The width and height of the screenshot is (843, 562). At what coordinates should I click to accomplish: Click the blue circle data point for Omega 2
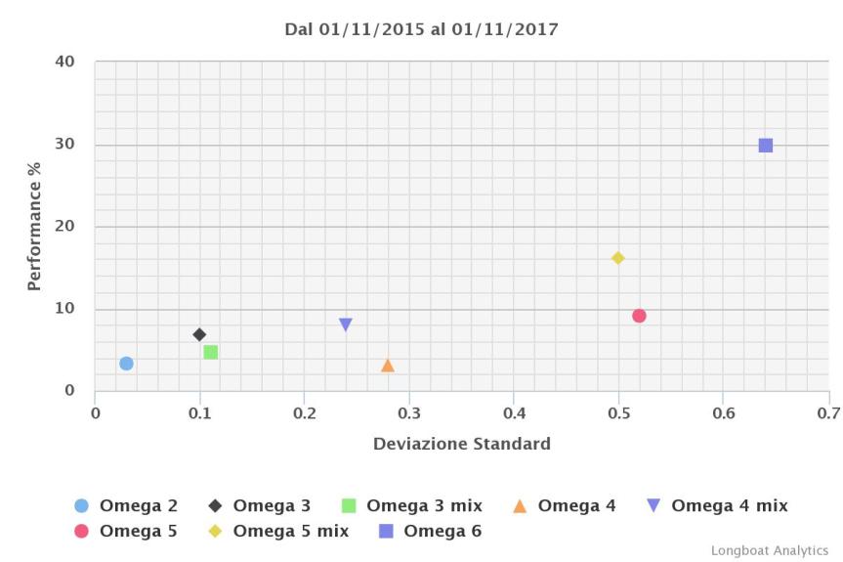pos(126,364)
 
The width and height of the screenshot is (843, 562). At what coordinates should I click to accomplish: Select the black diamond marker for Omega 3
pos(199,334)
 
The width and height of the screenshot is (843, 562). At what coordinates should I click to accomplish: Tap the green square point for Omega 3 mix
pos(210,352)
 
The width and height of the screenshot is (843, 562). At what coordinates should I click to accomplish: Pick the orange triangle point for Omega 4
pos(388,366)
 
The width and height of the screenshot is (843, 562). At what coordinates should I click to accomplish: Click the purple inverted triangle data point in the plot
pos(346,324)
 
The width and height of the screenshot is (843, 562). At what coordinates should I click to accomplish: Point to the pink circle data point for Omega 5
pos(639,316)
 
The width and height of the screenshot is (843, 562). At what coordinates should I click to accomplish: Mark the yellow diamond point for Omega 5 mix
pos(617,258)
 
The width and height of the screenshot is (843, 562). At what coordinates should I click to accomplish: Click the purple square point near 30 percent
pos(766,146)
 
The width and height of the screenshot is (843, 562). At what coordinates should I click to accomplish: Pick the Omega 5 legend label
pos(138,532)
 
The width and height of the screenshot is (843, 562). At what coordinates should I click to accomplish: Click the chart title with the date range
pos(421,29)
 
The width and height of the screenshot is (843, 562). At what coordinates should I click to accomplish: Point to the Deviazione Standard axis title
pos(461,444)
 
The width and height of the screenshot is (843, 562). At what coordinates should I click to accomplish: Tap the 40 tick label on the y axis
pos(64,62)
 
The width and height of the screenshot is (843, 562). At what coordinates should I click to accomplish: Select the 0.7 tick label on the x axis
pos(827,412)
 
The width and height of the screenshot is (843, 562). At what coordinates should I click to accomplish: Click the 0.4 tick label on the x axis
pos(514,412)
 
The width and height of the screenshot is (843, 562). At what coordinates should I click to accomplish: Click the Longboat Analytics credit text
pos(769,550)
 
